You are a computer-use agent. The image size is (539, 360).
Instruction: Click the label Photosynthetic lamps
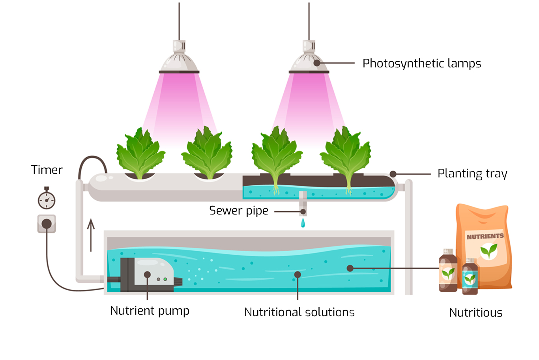pyautogui.click(x=421, y=63)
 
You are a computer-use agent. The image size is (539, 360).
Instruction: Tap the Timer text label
pyautogui.click(x=47, y=170)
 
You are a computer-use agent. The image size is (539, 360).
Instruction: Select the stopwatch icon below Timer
pyautogui.click(x=47, y=200)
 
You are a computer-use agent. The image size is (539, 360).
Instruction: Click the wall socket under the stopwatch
pyautogui.click(x=47, y=224)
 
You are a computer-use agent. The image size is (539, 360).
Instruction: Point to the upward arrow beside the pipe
pyautogui.click(x=91, y=235)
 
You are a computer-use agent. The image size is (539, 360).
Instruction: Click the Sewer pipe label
pyautogui.click(x=238, y=211)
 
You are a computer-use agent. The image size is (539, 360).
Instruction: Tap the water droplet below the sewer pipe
pyautogui.click(x=303, y=223)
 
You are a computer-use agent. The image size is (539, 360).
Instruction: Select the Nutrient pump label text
pyautogui.click(x=150, y=311)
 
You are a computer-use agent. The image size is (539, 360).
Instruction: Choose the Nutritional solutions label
pyautogui.click(x=299, y=312)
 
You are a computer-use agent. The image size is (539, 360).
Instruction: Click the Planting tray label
pyautogui.click(x=472, y=174)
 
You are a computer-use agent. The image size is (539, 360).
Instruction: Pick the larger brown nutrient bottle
pyautogui.click(x=448, y=271)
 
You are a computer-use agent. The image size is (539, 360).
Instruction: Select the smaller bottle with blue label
pyautogui.click(x=470, y=277)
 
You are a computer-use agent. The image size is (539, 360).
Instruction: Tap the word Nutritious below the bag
pyautogui.click(x=475, y=313)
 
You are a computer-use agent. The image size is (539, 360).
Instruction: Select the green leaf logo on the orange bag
pyautogui.click(x=488, y=251)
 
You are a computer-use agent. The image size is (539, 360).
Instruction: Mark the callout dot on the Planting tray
pyautogui.click(x=393, y=174)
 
